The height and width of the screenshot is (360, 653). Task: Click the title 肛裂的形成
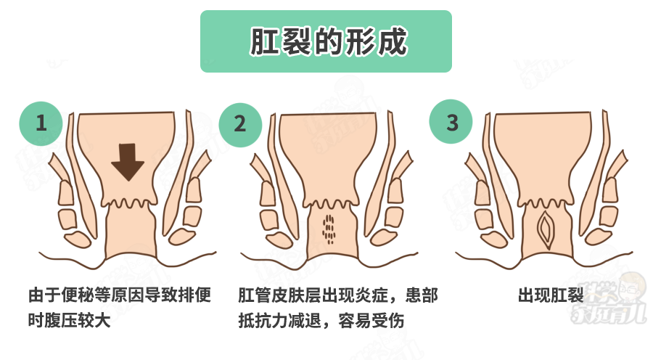pos(326,41)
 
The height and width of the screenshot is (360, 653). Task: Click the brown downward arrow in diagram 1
pos(128,161)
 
